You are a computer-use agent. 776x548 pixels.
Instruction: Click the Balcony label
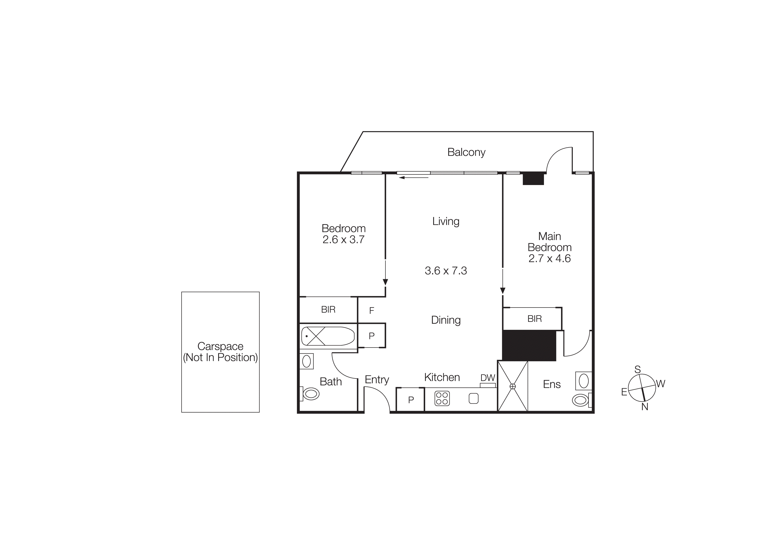[x=466, y=152]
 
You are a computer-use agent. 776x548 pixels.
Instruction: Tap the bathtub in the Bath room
[x=328, y=336]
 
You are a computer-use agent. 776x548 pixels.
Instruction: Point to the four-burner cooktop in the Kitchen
[x=442, y=398]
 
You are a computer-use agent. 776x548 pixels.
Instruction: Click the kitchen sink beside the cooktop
[x=474, y=399]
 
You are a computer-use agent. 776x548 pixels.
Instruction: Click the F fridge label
[x=371, y=311]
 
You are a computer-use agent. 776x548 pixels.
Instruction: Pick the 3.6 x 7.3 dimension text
[x=446, y=271]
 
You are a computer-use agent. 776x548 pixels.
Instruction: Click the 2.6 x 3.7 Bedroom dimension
[x=343, y=240]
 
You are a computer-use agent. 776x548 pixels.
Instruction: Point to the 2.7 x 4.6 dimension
[x=549, y=259]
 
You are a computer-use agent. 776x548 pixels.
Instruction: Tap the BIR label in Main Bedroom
[x=534, y=319]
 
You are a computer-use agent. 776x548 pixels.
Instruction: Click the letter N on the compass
[x=645, y=407]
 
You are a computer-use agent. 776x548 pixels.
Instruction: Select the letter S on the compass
[x=638, y=369]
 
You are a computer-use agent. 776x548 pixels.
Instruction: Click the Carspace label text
[x=220, y=346]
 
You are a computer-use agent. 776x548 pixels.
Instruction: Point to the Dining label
[x=446, y=320]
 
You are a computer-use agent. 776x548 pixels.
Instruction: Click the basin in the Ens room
[x=584, y=381]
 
